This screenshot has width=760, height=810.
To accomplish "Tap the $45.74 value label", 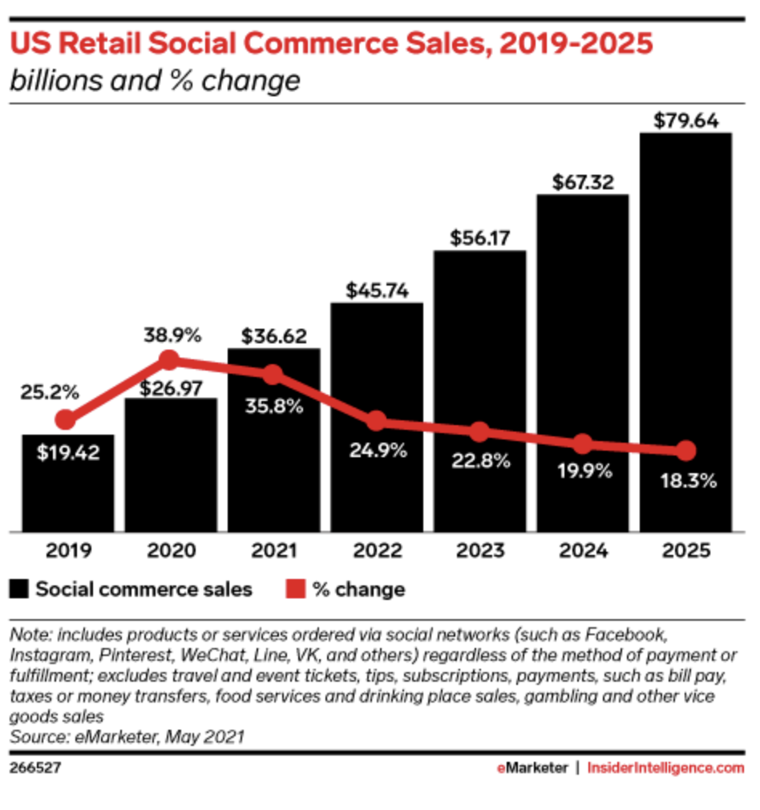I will click(x=377, y=290).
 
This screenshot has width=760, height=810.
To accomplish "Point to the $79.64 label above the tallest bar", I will click(x=685, y=121).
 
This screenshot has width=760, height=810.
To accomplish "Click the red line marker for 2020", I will click(x=169, y=360).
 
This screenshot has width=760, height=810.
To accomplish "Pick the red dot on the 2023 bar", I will click(x=479, y=431).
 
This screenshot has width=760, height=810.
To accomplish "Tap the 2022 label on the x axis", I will click(x=377, y=551).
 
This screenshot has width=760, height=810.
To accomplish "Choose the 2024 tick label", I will click(x=583, y=551).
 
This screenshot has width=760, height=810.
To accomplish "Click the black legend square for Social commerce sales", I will click(x=20, y=590).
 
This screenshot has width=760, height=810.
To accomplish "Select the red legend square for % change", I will click(x=295, y=590).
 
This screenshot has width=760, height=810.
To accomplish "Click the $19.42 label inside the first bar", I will click(x=67, y=452).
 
